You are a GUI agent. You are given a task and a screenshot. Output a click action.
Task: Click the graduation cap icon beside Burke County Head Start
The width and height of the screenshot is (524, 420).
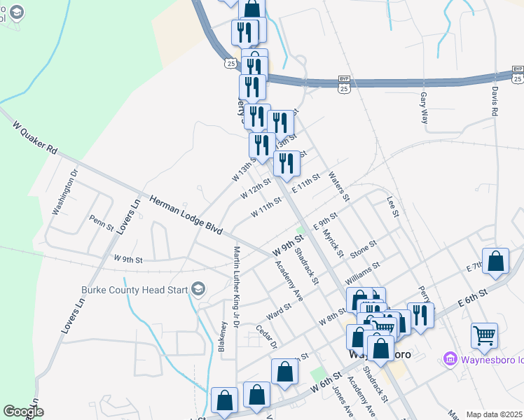point(198,288)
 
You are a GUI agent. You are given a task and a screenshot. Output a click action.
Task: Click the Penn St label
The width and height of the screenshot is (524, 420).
point(102,220)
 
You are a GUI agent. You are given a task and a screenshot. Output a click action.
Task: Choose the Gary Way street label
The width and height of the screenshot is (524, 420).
point(425,107)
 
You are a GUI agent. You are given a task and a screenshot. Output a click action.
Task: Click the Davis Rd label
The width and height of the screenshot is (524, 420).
point(495,101)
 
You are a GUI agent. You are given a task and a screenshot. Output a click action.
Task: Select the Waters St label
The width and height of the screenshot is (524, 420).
point(338,185)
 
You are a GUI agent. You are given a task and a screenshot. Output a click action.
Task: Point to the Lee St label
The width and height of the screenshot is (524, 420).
point(392,206)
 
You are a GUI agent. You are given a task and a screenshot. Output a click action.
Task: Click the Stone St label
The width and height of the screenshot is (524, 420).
point(364,248)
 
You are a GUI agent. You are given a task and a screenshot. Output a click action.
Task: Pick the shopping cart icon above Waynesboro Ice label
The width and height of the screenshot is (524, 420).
point(484,335)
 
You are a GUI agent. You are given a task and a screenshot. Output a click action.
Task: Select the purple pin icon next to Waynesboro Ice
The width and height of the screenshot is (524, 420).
point(451,360)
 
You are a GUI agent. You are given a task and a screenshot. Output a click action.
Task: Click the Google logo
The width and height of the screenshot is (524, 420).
point(23,412)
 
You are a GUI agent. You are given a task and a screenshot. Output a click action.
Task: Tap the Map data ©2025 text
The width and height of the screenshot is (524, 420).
point(495,414)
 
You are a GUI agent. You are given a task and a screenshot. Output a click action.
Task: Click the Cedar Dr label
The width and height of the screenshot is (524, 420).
point(267,336)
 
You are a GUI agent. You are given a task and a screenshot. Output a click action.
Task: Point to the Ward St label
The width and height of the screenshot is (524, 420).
point(279,309)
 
